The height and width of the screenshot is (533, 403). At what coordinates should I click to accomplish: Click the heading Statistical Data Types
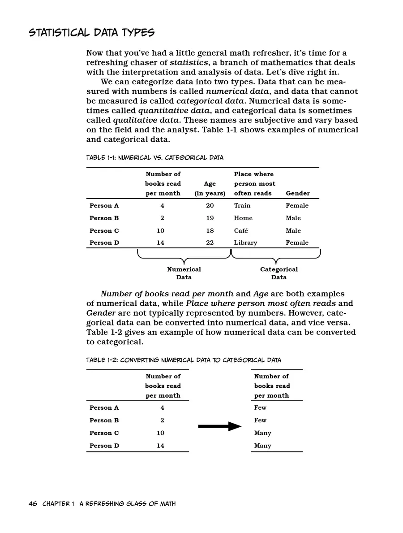click(x=91, y=33)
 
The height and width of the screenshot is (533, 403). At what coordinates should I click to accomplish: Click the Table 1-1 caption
click(x=154, y=158)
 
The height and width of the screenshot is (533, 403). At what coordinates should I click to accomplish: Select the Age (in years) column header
click(x=210, y=188)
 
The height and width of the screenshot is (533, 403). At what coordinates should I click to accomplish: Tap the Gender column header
click(x=298, y=193)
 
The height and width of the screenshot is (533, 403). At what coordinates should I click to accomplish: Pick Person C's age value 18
click(x=210, y=230)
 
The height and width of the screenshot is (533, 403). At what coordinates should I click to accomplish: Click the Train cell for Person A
click(x=242, y=205)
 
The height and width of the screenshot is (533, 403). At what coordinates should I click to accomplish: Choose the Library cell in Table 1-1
click(x=245, y=243)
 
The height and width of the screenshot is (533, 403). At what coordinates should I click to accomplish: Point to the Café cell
click(x=241, y=230)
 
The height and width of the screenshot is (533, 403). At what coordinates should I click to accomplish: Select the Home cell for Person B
click(x=243, y=218)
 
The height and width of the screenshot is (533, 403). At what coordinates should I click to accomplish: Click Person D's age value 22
click(x=210, y=243)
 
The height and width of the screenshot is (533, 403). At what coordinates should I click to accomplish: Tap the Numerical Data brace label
click(x=184, y=273)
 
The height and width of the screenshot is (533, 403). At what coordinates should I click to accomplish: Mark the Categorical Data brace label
click(x=279, y=273)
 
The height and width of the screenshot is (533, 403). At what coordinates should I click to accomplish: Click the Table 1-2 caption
click(x=184, y=360)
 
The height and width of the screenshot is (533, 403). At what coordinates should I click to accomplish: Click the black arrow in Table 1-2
click(x=219, y=426)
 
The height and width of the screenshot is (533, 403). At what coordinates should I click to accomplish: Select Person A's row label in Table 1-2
click(x=104, y=407)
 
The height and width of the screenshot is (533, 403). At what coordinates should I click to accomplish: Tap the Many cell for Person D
click(x=262, y=446)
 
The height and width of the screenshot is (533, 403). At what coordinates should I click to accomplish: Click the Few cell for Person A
click(x=260, y=407)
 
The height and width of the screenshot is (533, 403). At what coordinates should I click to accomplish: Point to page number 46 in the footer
click(x=33, y=504)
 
